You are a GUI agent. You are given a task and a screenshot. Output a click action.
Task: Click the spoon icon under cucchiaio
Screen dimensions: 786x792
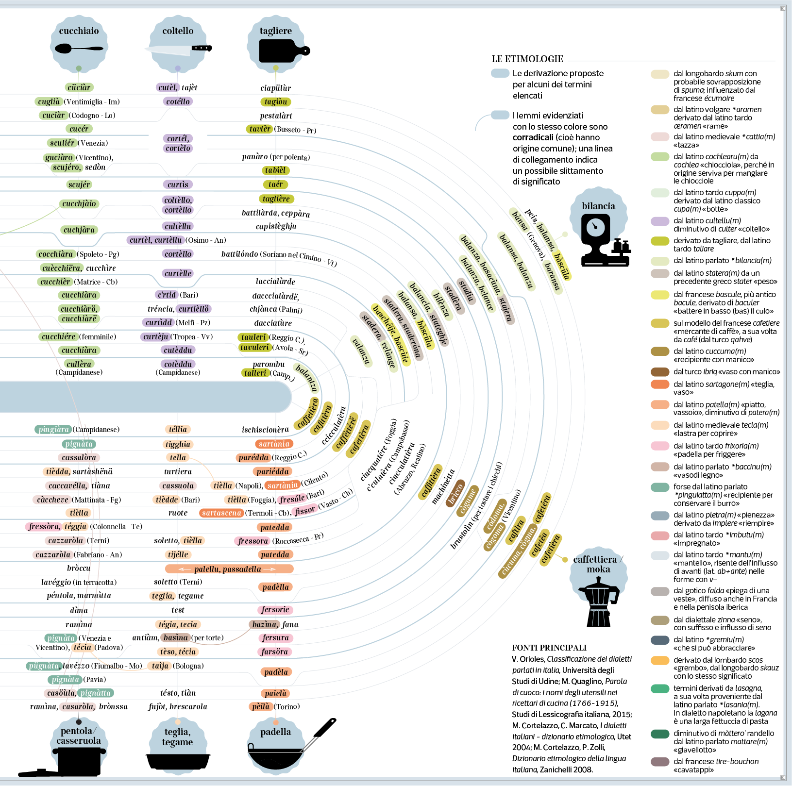coord(79,49)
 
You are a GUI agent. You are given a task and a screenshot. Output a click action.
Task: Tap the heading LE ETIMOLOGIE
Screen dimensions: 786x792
coord(527,59)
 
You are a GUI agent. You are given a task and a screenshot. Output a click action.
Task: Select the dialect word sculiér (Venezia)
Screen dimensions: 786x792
coord(62,143)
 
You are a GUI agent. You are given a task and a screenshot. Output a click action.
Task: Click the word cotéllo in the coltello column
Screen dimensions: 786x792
coord(178,101)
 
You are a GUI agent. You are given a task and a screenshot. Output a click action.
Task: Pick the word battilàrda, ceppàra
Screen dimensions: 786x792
coord(276,213)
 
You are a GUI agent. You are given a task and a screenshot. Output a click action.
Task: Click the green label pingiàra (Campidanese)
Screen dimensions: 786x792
coord(53,429)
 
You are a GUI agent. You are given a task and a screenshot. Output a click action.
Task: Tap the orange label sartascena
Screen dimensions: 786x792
coord(221,513)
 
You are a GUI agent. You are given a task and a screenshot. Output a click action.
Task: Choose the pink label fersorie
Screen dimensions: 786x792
coord(275,610)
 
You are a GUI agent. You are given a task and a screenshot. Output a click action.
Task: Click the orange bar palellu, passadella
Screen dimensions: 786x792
coord(228,569)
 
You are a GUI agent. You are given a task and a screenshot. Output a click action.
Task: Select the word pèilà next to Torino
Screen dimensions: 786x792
coord(261,707)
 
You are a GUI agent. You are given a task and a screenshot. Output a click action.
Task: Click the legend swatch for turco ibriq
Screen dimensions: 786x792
coord(660,372)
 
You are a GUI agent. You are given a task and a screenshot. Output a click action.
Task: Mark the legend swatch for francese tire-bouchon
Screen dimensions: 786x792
coord(660,762)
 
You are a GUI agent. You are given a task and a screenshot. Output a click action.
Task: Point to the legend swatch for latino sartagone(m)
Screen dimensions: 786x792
coord(660,385)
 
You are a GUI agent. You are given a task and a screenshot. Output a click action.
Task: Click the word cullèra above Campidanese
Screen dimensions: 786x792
coord(79,364)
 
